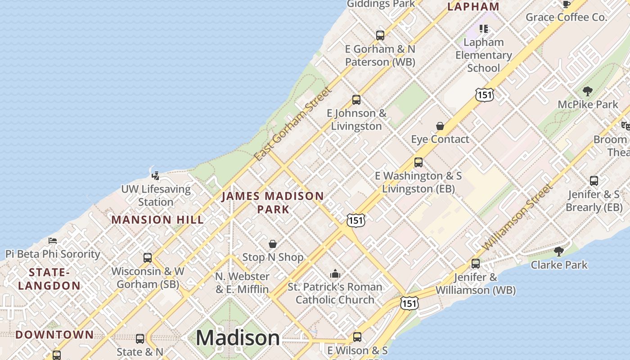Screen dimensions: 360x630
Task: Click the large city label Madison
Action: pyautogui.click(x=238, y=338)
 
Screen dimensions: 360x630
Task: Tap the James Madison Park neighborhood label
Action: pyautogui.click(x=273, y=202)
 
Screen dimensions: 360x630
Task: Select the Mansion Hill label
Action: pyautogui.click(x=157, y=220)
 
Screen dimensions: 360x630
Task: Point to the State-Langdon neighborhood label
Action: pyautogui.click(x=49, y=279)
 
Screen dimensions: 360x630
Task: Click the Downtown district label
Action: pyautogui.click(x=54, y=335)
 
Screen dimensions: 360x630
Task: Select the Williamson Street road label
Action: pyautogui.click(x=517, y=218)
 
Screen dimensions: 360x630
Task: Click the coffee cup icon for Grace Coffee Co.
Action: pyautogui.click(x=566, y=4)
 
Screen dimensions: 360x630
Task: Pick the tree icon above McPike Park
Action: pyautogui.click(x=587, y=91)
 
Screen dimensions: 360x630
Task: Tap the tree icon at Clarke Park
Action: pyautogui.click(x=559, y=251)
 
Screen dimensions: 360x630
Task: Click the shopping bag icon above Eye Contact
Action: pyautogui.click(x=440, y=126)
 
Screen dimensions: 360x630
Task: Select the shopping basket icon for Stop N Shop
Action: pyautogui.click(x=272, y=244)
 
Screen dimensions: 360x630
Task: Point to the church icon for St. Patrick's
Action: pyautogui.click(x=335, y=274)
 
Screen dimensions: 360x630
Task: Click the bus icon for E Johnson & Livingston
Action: pyautogui.click(x=356, y=100)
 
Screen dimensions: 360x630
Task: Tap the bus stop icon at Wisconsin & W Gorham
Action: pyautogui.click(x=147, y=258)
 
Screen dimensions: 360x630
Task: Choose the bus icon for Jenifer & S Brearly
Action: pyautogui.click(x=594, y=181)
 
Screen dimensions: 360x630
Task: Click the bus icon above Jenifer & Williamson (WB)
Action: pyautogui.click(x=476, y=264)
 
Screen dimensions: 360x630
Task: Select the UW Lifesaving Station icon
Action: pyautogui.click(x=156, y=175)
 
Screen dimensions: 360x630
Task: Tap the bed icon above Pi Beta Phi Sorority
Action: pyautogui.click(x=53, y=241)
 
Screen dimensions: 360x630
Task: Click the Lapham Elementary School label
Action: pyautogui.click(x=484, y=55)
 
